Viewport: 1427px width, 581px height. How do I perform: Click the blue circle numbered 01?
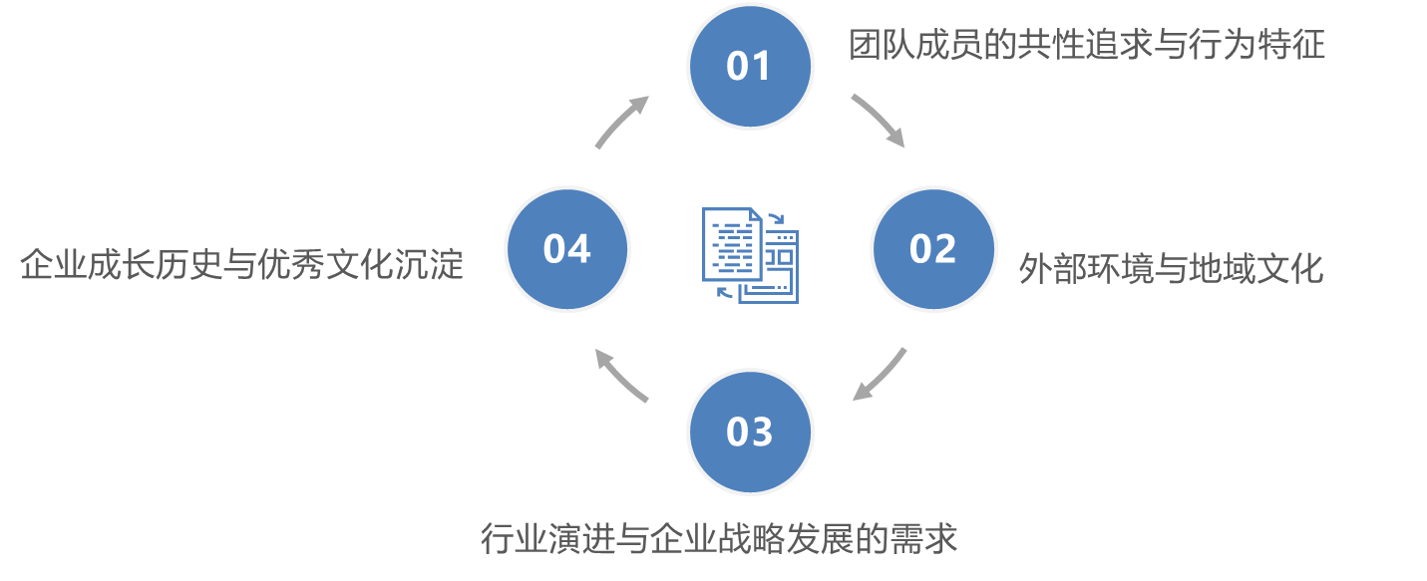click(750, 65)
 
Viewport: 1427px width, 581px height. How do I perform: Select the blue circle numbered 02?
click(933, 248)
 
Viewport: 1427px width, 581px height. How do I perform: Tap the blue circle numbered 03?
click(750, 432)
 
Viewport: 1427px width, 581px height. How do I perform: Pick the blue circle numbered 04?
click(567, 248)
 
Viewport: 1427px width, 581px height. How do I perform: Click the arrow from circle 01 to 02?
click(878, 120)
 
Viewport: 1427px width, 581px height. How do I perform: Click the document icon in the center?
click(750, 254)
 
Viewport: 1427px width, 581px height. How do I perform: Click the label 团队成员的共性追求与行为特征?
click(1087, 46)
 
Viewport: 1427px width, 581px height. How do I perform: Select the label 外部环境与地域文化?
click(1171, 268)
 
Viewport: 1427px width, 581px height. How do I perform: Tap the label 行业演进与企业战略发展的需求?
click(718, 538)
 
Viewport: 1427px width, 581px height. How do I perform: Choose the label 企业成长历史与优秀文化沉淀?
click(242, 265)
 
